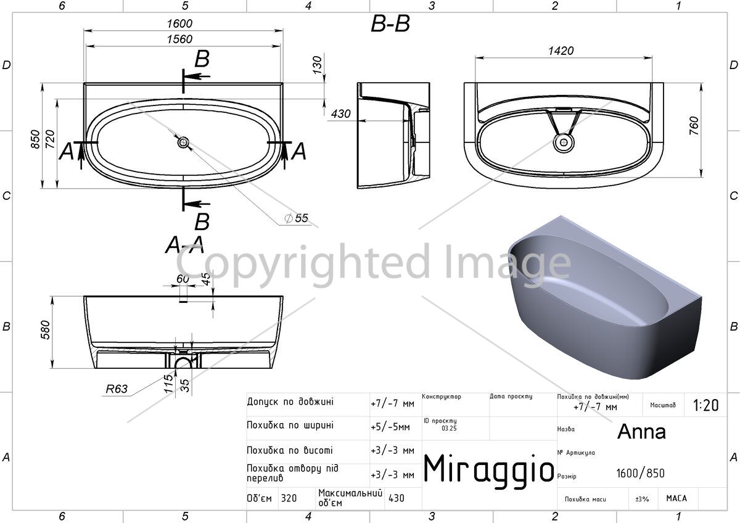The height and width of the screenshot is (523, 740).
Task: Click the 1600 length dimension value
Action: [x=179, y=23]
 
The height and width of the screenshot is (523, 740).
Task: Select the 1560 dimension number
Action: [x=179, y=39]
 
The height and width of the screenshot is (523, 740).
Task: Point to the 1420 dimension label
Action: [x=561, y=51]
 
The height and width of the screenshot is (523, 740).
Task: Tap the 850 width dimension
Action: [x=35, y=139]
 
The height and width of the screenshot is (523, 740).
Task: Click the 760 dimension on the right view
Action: [x=694, y=126]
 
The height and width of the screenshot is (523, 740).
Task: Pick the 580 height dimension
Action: [x=45, y=330]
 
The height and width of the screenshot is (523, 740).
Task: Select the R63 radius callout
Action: [x=117, y=389]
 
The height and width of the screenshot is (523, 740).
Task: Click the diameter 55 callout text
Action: [x=297, y=218]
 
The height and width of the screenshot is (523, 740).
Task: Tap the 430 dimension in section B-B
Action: [x=340, y=114]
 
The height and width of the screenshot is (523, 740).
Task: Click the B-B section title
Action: [x=390, y=24]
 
